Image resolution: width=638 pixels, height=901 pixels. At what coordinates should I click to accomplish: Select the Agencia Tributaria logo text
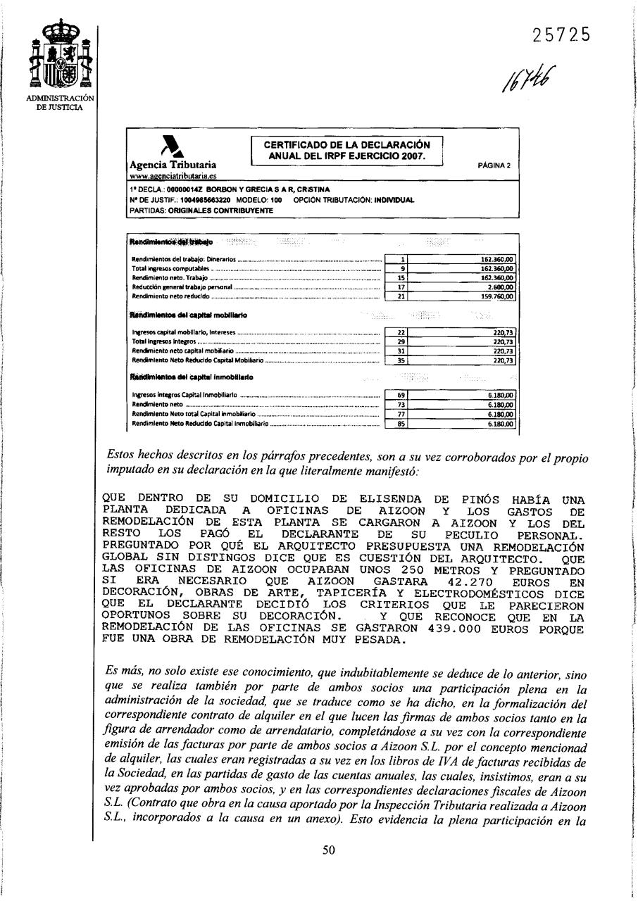click(174, 164)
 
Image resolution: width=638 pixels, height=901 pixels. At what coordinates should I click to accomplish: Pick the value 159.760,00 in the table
click(497, 296)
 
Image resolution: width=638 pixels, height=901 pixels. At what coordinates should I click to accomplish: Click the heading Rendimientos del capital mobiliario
click(189, 315)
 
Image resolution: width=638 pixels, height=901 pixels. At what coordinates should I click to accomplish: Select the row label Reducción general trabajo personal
click(181, 287)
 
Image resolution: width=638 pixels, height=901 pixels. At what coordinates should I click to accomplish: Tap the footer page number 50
click(328, 850)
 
